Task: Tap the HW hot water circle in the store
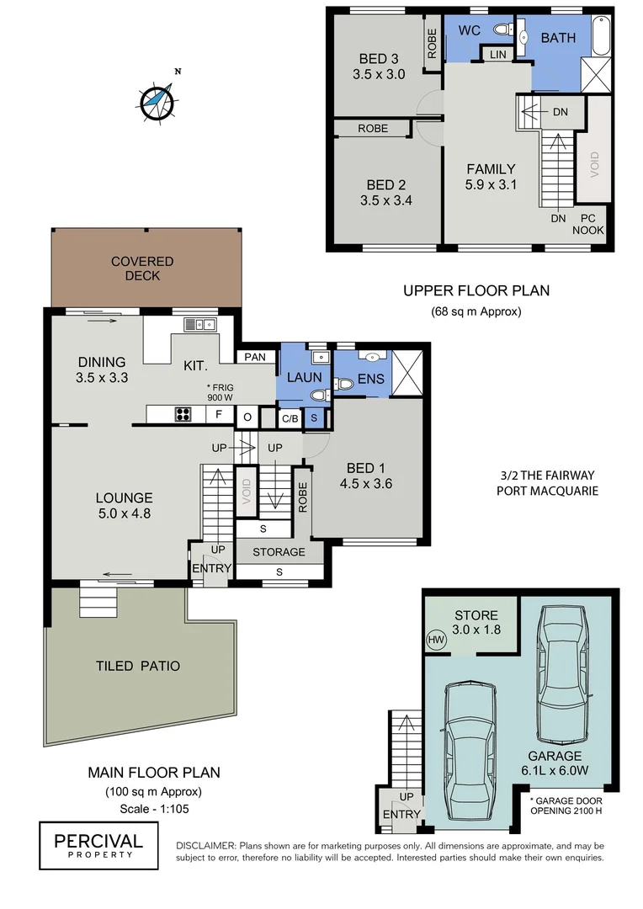point(436,640)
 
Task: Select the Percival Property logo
point(98,844)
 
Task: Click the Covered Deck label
point(142,268)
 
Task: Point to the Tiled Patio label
point(137,666)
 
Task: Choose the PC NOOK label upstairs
point(588,223)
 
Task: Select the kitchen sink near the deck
point(199,324)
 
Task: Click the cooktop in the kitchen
point(183,413)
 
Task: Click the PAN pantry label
point(255,357)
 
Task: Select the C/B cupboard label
point(290,417)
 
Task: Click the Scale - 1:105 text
point(154,809)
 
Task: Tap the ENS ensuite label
point(370,379)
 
